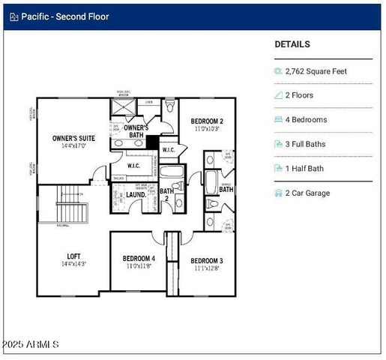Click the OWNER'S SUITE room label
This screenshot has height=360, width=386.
pos(73,138)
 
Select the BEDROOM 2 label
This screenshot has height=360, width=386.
pos(207,121)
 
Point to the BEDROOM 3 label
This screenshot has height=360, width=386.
pos(207,260)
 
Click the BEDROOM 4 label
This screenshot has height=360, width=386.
pos(139,259)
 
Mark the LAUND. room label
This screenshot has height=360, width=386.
pos(136,194)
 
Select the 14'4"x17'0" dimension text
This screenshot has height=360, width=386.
pos(73,147)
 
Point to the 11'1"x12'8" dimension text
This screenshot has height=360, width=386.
pos(207,268)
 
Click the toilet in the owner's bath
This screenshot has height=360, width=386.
pos(170,108)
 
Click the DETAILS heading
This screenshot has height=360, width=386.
pos(292,44)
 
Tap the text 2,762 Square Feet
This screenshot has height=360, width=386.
pos(316,71)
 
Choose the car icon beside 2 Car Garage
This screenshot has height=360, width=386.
pos(278,193)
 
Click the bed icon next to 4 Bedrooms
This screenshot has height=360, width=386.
pos(278,120)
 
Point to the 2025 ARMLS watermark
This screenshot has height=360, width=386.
pos(30,344)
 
